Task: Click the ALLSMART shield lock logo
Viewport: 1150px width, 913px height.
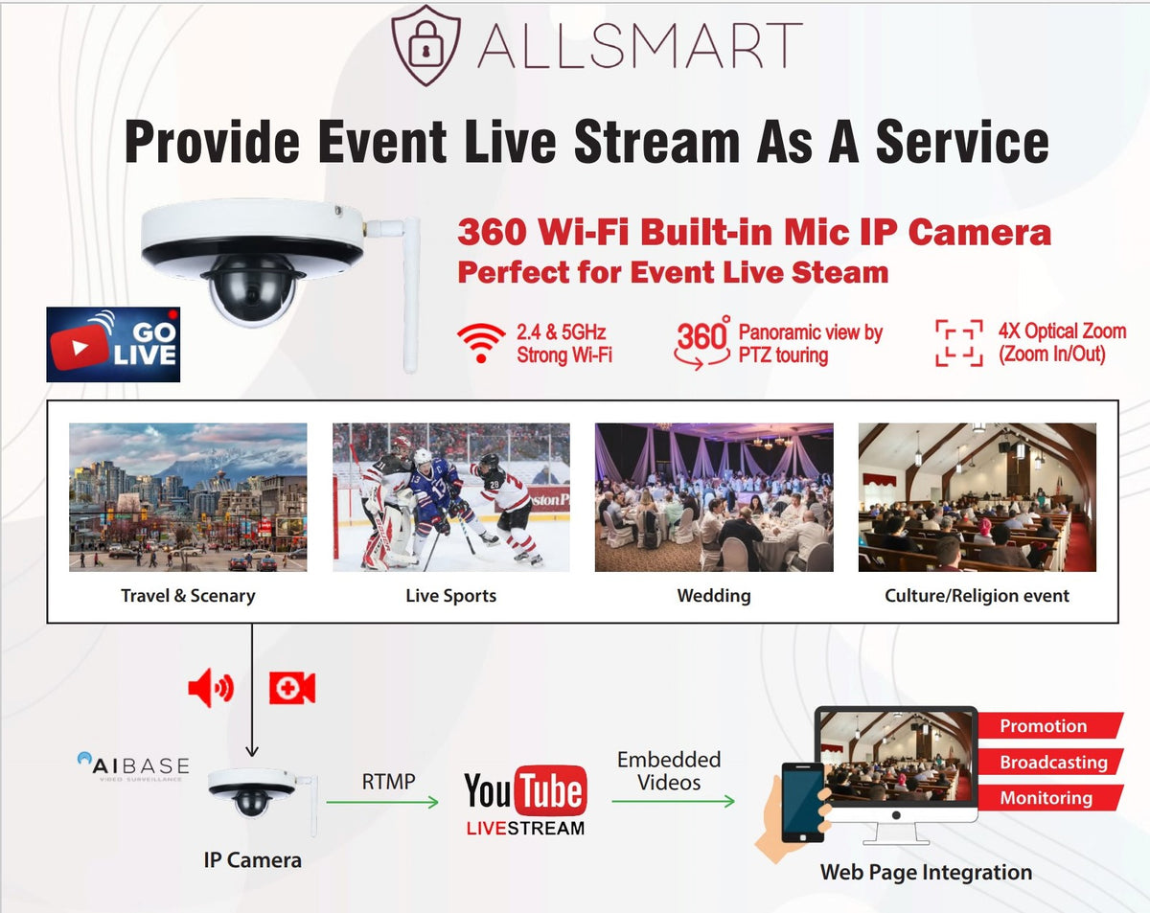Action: click(425, 46)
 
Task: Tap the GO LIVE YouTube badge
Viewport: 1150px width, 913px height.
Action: click(113, 345)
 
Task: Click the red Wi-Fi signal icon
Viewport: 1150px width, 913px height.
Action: click(481, 343)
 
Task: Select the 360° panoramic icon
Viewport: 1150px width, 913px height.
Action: click(702, 343)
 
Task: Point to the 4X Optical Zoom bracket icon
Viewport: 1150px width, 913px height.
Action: click(958, 343)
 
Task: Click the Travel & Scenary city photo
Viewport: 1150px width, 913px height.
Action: click(188, 497)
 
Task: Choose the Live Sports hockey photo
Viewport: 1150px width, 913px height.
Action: click(450, 497)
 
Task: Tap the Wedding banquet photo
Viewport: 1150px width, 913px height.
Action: click(714, 497)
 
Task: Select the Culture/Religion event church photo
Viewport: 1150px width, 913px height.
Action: click(977, 497)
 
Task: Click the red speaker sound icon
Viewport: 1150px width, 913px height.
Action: click(210, 688)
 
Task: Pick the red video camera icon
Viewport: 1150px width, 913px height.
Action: click(291, 688)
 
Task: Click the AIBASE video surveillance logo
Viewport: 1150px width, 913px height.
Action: click(133, 767)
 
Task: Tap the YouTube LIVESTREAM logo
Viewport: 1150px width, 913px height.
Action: click(525, 800)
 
